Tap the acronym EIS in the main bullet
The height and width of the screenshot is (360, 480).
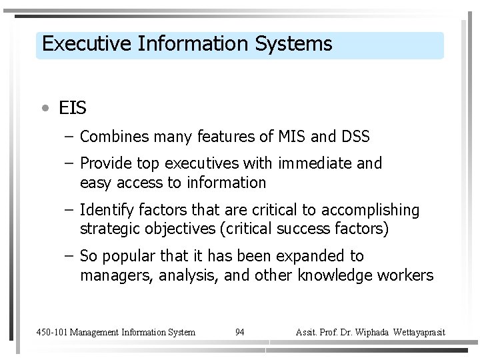point(73,107)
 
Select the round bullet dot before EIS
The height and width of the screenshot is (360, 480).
point(44,107)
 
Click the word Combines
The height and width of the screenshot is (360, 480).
point(116,137)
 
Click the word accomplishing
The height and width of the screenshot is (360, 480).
point(370,211)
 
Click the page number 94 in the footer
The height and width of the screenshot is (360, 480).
point(240,332)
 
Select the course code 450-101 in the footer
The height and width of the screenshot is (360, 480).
point(51,332)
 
